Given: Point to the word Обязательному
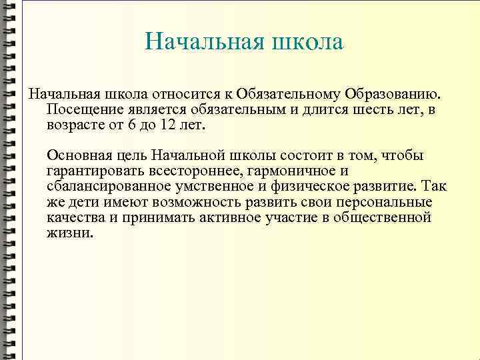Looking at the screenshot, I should (288, 93).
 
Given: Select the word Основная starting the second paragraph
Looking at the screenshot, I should (75, 155).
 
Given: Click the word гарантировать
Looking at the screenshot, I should (93, 171).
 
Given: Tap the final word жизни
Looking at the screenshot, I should (70, 233).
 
